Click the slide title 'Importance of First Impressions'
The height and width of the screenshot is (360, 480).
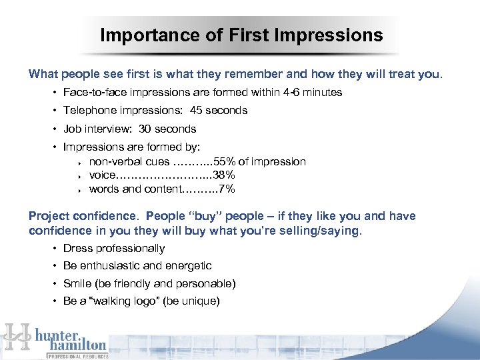pos(241,35)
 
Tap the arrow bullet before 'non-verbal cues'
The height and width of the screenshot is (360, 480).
pos(79,162)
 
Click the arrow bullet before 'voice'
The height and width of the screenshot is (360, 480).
pos(79,176)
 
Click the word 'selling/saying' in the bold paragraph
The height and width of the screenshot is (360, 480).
pos(324,231)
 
